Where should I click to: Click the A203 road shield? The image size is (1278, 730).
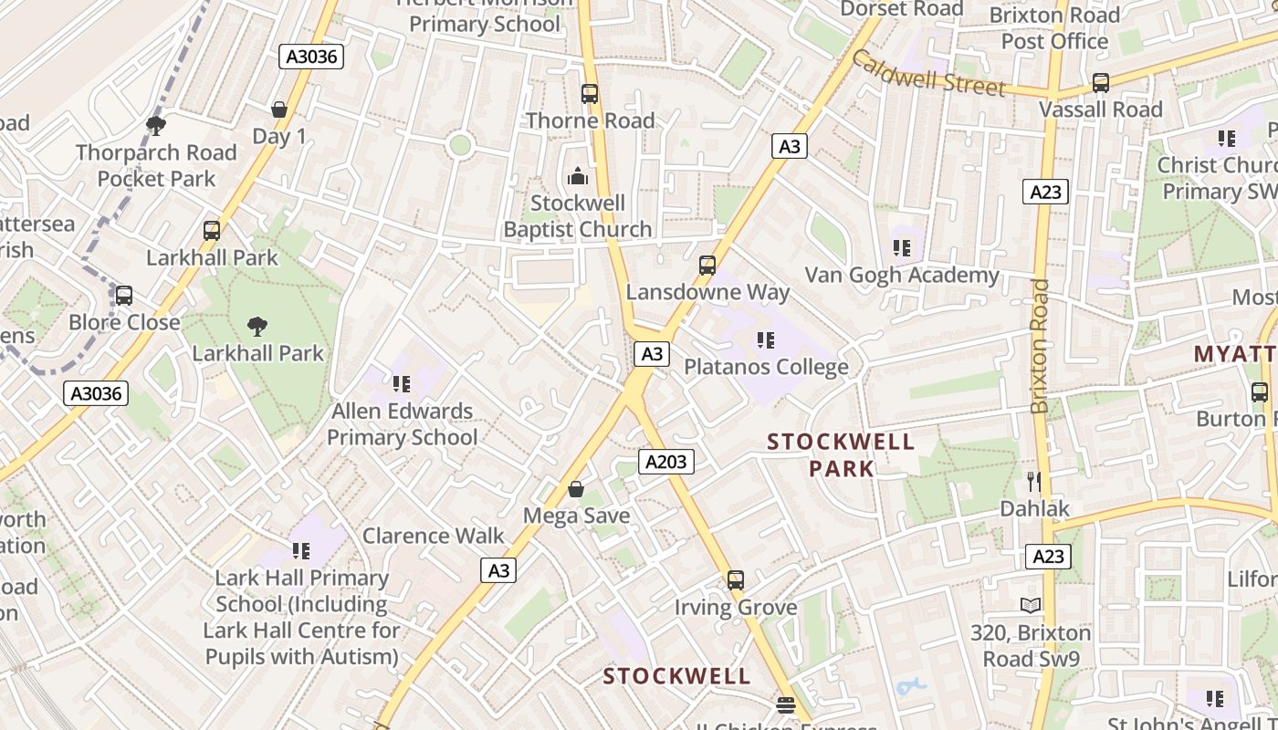point(665,462)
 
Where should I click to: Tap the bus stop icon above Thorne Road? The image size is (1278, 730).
point(590,93)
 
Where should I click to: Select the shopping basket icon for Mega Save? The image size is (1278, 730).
point(576,490)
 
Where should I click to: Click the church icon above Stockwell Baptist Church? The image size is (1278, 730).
point(577,176)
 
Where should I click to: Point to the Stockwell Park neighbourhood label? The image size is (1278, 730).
point(841,455)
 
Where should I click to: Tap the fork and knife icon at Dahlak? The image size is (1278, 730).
point(1034,481)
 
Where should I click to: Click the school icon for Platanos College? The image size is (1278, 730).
point(766,340)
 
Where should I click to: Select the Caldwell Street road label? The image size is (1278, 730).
point(927,72)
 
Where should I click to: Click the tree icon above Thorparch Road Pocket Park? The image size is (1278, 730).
point(156,126)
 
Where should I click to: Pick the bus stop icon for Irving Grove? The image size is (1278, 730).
point(736,580)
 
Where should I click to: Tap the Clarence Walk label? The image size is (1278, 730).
point(434,536)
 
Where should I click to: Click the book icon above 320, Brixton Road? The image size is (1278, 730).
point(1031,605)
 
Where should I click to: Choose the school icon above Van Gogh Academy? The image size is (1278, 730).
point(902,247)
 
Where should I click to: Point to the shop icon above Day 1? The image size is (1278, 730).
point(279,110)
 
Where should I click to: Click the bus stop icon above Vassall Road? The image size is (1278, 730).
point(1101,83)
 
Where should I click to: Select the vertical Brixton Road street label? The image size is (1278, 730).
point(1040,346)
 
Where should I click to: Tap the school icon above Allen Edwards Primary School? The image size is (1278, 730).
point(402,384)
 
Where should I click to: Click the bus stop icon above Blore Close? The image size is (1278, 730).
point(124,296)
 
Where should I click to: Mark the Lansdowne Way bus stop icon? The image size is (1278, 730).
point(707,266)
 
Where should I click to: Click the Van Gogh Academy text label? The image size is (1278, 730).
point(902,275)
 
